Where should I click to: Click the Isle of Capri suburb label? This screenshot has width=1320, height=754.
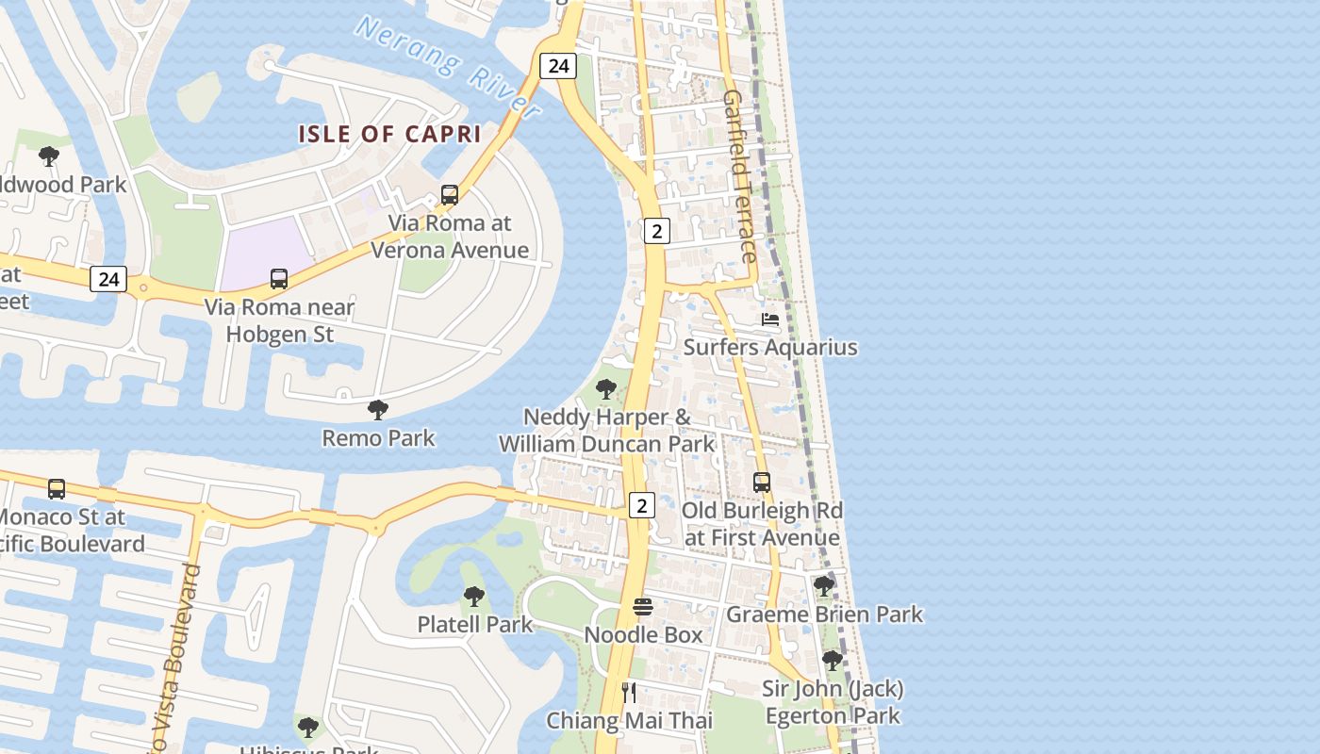pyautogui.click(x=389, y=134)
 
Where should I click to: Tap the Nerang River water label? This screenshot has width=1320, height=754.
pyautogui.click(x=448, y=66)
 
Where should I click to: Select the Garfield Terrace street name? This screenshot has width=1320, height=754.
pyautogui.click(x=739, y=176)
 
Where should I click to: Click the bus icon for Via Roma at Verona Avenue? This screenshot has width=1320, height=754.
pyautogui.click(x=450, y=195)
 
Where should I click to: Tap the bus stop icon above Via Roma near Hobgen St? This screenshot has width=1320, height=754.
pyautogui.click(x=279, y=279)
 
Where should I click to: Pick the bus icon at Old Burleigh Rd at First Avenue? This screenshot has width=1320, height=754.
pyautogui.click(x=762, y=483)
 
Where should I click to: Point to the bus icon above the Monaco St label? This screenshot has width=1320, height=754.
pyautogui.click(x=57, y=489)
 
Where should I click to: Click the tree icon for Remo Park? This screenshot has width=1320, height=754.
pyautogui.click(x=378, y=410)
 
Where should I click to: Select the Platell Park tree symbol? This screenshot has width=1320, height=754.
pyautogui.click(x=474, y=597)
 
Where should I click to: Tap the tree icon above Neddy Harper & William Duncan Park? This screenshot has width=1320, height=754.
pyautogui.click(x=606, y=389)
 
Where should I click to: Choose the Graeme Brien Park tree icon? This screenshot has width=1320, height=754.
pyautogui.click(x=823, y=586)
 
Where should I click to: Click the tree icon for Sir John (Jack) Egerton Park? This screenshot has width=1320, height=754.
pyautogui.click(x=832, y=661)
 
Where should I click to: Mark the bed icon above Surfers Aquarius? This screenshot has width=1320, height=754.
pyautogui.click(x=770, y=320)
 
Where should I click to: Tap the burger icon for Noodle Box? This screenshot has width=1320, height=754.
pyautogui.click(x=643, y=607)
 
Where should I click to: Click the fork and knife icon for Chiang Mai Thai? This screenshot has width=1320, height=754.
pyautogui.click(x=630, y=694)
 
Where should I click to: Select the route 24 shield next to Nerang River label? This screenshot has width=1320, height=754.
pyautogui.click(x=558, y=65)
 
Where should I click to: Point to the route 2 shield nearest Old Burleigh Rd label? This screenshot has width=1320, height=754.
pyautogui.click(x=642, y=506)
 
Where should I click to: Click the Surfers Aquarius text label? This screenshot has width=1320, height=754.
pyautogui.click(x=770, y=347)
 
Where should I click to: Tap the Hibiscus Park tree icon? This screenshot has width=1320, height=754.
pyautogui.click(x=307, y=728)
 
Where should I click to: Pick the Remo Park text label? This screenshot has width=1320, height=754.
pyautogui.click(x=378, y=438)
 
